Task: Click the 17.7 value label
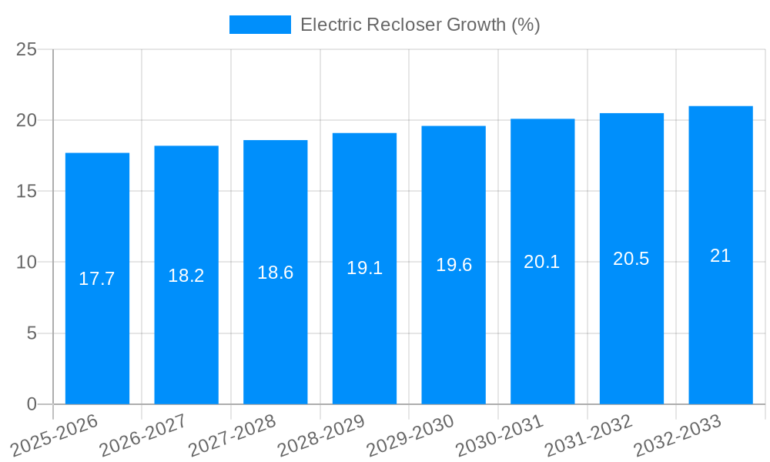(97, 279)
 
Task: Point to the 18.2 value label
(186, 276)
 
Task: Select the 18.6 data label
(275, 273)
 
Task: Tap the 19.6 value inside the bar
(454, 265)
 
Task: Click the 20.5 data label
(631, 259)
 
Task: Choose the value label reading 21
(721, 256)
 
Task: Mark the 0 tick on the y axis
(32, 404)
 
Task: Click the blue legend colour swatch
(260, 25)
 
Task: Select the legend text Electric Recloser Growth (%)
(420, 25)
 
